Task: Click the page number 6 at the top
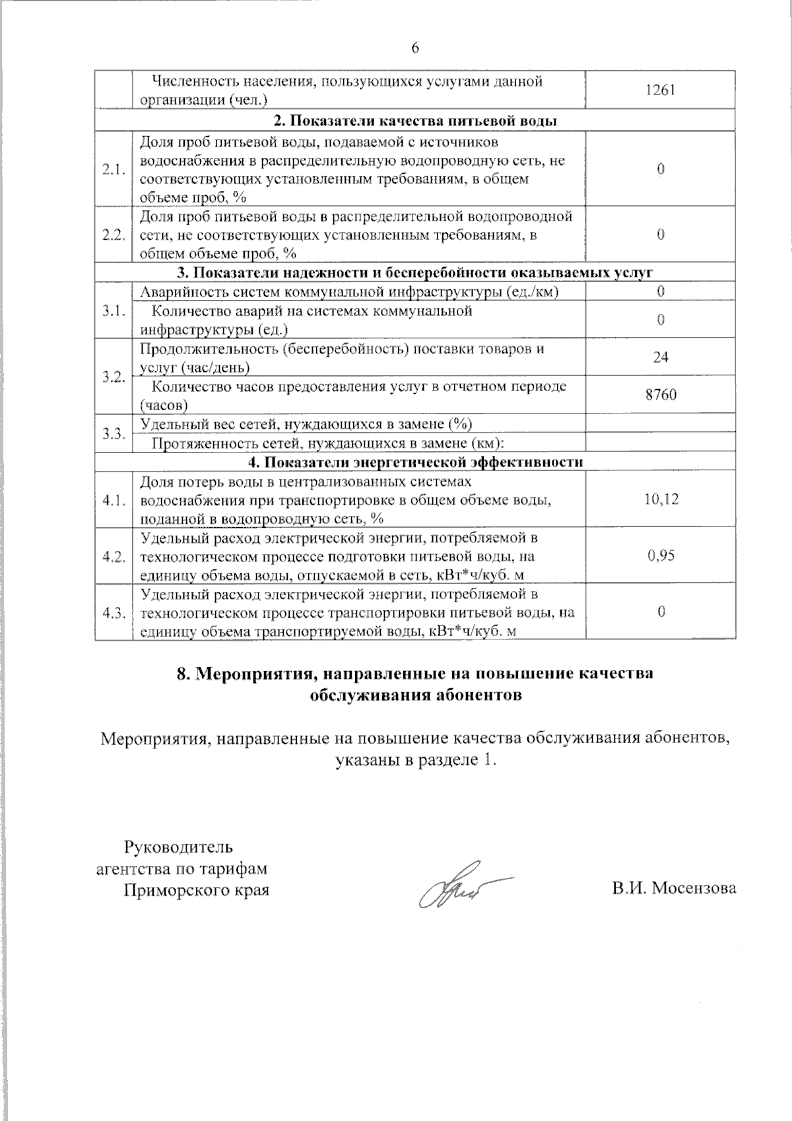(415, 48)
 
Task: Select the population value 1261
(660, 90)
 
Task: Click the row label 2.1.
(114, 169)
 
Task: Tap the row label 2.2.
(114, 235)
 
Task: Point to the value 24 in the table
(661, 357)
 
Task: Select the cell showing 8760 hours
(661, 395)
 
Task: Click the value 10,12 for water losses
(661, 499)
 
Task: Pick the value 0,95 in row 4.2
(661, 556)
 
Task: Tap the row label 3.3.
(114, 433)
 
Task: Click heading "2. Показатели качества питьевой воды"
(415, 121)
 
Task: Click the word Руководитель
(178, 846)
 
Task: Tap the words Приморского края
(197, 889)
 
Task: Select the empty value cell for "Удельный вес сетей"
(661, 423)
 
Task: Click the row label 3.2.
(114, 377)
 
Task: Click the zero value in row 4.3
(661, 612)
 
